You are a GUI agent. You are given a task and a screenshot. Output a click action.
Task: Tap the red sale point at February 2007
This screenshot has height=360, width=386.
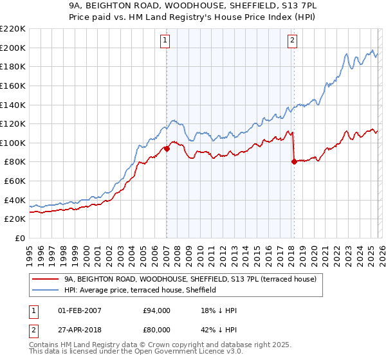[x=167, y=148]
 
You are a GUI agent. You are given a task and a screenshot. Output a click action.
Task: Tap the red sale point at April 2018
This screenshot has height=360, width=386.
[x=294, y=162]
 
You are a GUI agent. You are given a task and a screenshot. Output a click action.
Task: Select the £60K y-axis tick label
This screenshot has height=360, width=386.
[x=15, y=181]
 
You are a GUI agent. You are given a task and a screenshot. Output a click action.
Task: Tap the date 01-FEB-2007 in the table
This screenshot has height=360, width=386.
[x=80, y=310]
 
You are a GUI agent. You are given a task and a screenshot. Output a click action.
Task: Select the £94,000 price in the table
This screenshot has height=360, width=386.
[x=157, y=310]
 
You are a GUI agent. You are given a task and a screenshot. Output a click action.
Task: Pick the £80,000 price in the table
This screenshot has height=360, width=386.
[x=157, y=328]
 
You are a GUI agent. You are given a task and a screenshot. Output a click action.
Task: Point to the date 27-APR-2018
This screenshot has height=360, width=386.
[x=80, y=328]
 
